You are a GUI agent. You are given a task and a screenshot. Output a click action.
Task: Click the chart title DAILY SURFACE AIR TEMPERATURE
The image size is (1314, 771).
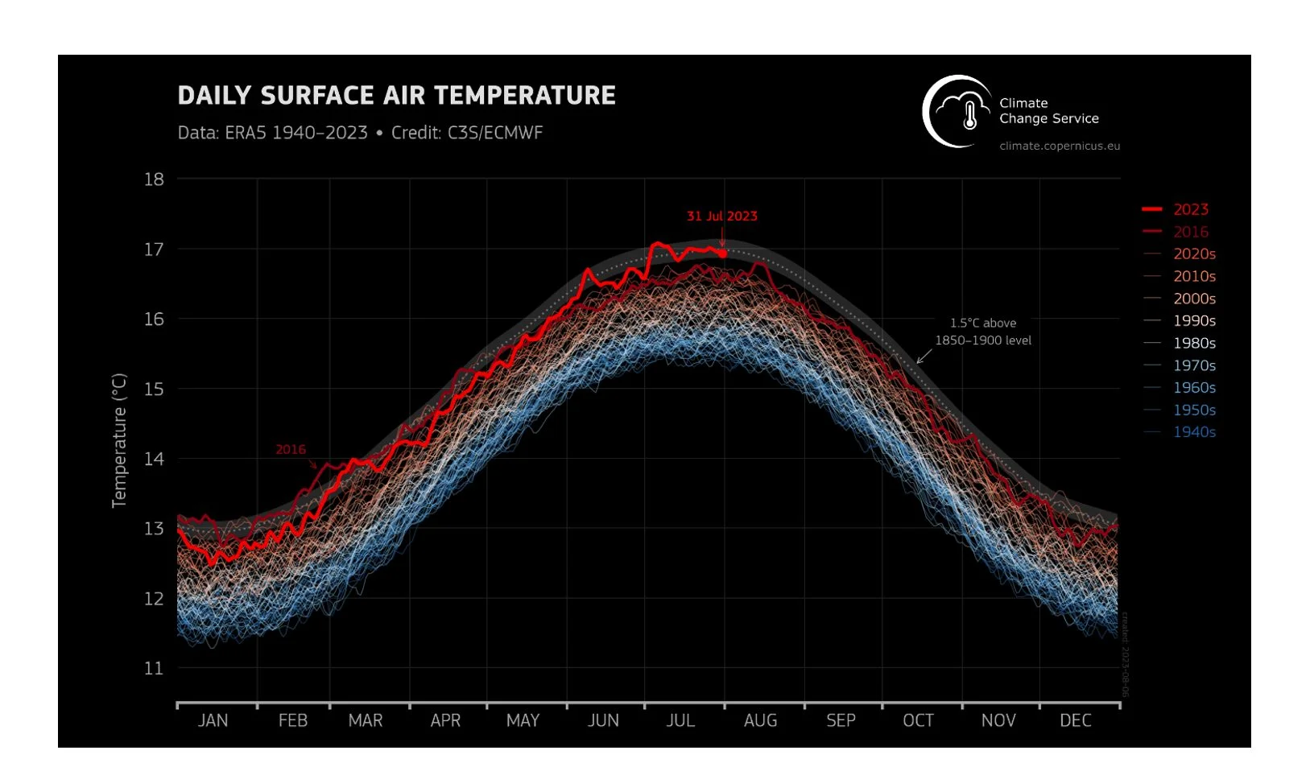(x=396, y=96)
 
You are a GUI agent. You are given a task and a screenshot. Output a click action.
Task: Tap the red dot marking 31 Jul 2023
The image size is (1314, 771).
(x=722, y=254)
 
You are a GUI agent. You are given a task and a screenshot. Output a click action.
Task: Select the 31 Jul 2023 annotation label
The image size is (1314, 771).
(x=721, y=216)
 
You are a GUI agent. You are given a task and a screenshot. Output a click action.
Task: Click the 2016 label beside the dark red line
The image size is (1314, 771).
(x=291, y=449)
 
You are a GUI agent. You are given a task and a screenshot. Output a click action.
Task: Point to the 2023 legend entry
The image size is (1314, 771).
(x=1190, y=209)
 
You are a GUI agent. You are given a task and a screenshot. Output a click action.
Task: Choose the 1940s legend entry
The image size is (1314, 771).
(x=1193, y=432)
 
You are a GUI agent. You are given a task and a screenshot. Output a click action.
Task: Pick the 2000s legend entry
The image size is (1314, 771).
(x=1193, y=299)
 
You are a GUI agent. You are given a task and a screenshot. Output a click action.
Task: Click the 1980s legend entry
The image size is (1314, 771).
(x=1193, y=343)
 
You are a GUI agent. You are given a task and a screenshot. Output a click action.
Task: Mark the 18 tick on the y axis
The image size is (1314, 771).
(x=154, y=179)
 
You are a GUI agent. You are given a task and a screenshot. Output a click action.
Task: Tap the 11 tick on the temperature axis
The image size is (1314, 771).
(x=154, y=668)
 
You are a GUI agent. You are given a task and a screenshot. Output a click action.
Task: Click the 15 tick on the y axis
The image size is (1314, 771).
(x=154, y=389)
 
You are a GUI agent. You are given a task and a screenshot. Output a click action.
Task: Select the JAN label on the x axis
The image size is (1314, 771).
(x=213, y=720)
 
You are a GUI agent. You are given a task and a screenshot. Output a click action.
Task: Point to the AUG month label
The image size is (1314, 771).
(x=760, y=720)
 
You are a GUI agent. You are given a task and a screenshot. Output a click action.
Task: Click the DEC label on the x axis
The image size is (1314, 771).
(x=1075, y=720)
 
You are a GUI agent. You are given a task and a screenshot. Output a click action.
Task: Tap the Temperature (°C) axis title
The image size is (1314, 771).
(x=119, y=440)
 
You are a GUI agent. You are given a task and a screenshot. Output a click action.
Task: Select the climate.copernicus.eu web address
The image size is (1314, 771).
(x=1060, y=146)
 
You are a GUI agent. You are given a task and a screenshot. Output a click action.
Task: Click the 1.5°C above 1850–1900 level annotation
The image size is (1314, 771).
(x=983, y=332)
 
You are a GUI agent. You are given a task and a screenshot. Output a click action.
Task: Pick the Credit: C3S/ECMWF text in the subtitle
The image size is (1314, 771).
(x=467, y=133)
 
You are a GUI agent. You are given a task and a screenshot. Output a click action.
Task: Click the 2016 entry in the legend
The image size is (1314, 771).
(x=1190, y=232)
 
